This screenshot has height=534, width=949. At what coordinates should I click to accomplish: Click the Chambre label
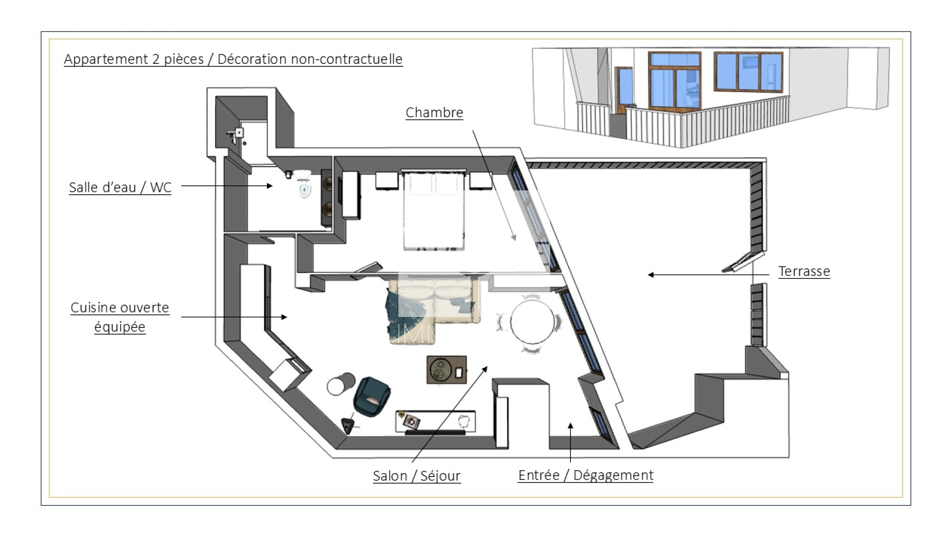434,113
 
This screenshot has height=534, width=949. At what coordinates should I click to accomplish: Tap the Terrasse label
804,271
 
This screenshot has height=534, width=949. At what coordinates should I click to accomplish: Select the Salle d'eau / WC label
120,187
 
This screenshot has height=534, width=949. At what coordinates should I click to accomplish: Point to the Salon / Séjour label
417,476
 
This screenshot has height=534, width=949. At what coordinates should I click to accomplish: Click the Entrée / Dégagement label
586,475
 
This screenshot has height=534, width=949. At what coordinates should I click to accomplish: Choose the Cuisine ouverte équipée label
120,317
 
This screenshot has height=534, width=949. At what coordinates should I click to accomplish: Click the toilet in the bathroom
304,184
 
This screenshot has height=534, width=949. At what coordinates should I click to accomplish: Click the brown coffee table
446,369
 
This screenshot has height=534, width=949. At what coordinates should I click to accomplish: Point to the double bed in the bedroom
434,210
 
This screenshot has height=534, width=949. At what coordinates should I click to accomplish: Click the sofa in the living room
434,311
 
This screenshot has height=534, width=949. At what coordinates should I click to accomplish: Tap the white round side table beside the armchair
341,384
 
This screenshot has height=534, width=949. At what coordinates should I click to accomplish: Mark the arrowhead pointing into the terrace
651,275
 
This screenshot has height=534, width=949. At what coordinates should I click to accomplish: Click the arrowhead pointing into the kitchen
284,317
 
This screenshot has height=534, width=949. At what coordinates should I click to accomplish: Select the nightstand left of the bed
387,180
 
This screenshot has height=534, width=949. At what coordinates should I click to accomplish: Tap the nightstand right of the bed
480,180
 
